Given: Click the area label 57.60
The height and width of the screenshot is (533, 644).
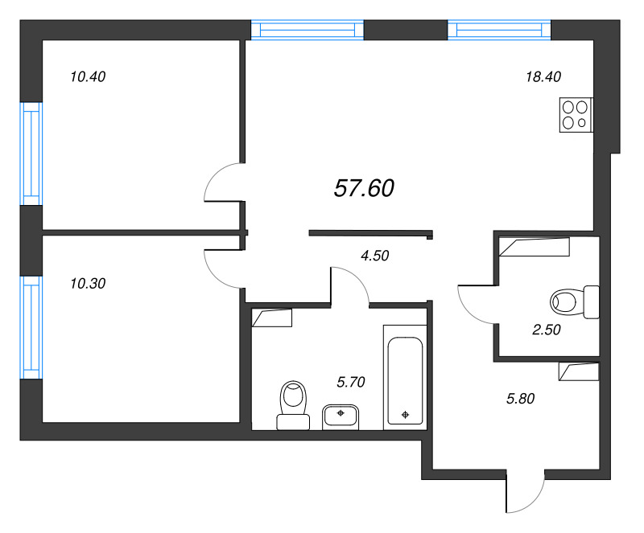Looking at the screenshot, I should click(x=363, y=188).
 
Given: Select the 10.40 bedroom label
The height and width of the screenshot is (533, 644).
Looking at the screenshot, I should click(x=89, y=77).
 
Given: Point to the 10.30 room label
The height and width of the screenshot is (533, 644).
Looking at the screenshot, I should click(x=89, y=283).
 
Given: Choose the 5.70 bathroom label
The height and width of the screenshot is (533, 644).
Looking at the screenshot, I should click(x=350, y=382).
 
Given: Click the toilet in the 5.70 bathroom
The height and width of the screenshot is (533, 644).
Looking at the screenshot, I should click(x=293, y=404).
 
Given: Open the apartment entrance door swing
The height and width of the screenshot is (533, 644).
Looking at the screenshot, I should click(x=528, y=492).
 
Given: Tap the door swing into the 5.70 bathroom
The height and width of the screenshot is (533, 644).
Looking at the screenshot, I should click(x=350, y=285).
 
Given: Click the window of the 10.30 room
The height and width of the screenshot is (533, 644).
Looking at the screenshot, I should click(x=31, y=326).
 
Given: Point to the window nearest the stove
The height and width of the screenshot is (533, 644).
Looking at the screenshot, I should click(x=499, y=31).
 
